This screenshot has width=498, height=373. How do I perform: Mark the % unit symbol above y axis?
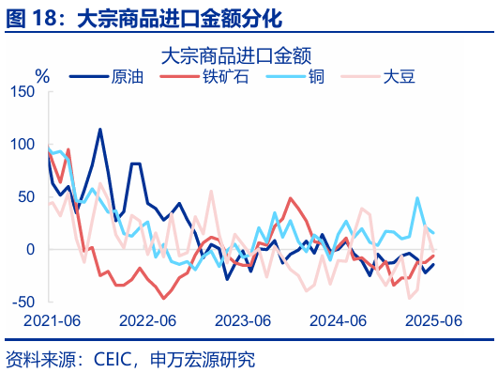tap(42, 75)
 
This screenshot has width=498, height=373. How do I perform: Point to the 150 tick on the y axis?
tap(22, 91)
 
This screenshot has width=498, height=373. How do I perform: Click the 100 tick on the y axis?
tap(22, 144)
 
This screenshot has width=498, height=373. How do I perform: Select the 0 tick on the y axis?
tap(29, 249)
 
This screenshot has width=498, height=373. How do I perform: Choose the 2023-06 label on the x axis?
tap(242, 320)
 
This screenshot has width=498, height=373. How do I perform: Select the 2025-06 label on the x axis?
tap(431, 320)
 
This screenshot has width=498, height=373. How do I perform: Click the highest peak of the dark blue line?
tap(100, 130)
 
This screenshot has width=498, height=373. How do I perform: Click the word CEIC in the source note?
tap(114, 358)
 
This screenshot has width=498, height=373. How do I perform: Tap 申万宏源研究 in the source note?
tap(208, 358)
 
